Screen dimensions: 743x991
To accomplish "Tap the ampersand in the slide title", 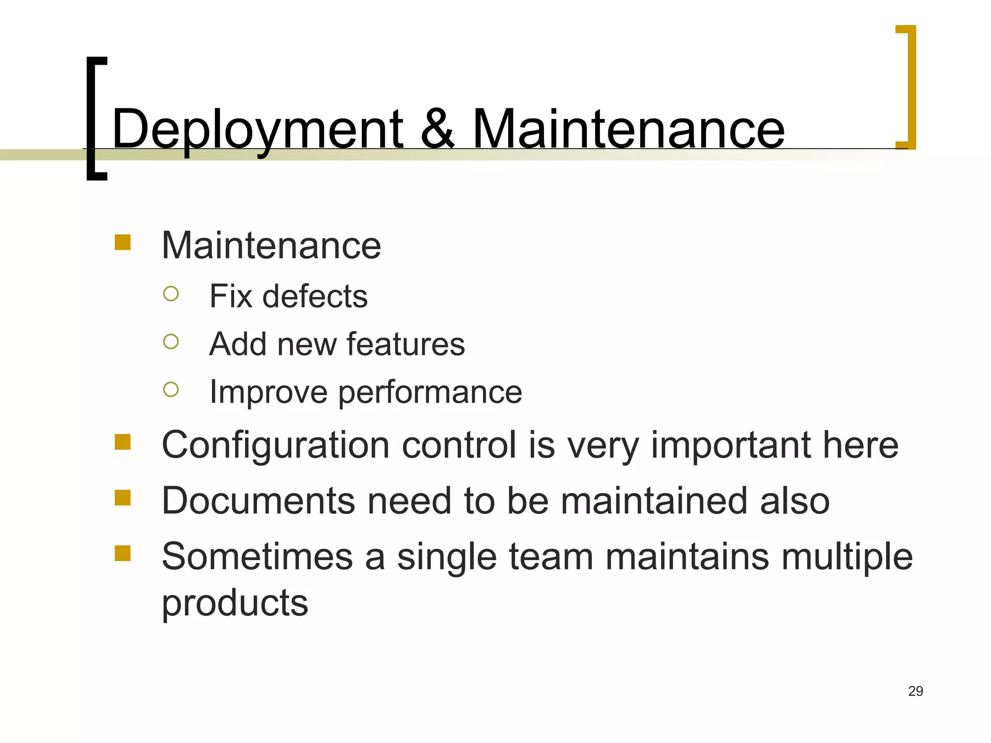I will click(x=437, y=129).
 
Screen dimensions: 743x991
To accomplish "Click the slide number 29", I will click(x=916, y=691).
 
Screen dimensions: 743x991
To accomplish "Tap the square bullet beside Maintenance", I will click(x=123, y=242).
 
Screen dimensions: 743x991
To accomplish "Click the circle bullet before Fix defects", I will click(x=171, y=294).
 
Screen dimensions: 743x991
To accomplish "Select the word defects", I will click(x=315, y=296).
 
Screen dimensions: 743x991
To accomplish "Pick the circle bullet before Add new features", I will click(x=171, y=342).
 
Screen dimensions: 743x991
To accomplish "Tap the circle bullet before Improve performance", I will click(x=171, y=389).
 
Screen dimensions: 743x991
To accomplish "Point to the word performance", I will click(x=430, y=393).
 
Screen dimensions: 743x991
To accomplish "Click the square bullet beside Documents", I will click(x=123, y=498).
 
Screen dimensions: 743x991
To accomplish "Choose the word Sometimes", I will click(x=257, y=556).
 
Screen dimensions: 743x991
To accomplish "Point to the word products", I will click(x=235, y=604).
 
